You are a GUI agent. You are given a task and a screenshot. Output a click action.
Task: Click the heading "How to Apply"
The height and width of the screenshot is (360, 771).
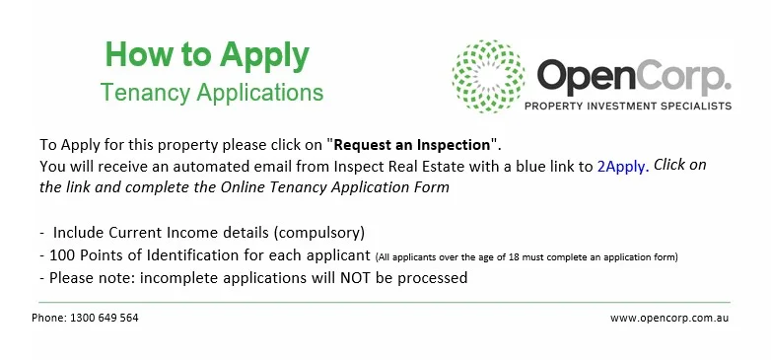(207, 56)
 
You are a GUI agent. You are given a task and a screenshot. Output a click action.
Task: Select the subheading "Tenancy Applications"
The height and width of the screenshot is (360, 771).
(212, 93)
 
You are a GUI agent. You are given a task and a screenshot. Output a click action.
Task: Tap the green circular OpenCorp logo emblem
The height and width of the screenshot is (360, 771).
(488, 76)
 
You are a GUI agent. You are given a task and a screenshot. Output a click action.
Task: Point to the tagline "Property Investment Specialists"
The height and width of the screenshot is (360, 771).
(628, 106)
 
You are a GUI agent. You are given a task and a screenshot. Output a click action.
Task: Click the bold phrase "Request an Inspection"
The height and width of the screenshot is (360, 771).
(412, 145)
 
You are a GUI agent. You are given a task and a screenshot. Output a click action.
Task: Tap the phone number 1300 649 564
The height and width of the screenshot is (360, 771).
(105, 318)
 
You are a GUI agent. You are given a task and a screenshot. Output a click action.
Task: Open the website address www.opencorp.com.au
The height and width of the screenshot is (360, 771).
(669, 319)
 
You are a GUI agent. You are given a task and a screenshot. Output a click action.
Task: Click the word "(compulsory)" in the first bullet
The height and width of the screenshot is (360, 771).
(319, 233)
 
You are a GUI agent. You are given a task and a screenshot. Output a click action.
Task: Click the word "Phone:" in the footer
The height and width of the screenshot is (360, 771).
(49, 318)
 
